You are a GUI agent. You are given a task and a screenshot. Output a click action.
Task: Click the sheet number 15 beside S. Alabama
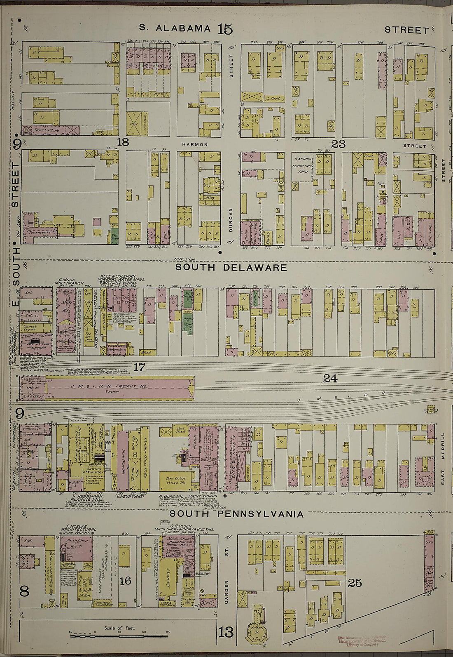(x=225, y=29)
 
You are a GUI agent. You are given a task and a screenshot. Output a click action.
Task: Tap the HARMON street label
(x=195, y=144)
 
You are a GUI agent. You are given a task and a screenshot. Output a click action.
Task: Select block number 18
(x=123, y=143)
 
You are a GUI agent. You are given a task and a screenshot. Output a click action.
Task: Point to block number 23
(x=338, y=144)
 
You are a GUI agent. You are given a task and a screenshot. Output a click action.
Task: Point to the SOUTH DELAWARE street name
(x=231, y=267)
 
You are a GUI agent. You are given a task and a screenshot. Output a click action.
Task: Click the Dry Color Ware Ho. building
(x=175, y=480)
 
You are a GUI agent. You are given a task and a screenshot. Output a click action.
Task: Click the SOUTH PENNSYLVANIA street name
(x=237, y=514)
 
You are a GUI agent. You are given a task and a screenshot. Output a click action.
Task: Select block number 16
(x=125, y=581)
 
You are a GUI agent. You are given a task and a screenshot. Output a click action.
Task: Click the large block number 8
(x=24, y=591)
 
